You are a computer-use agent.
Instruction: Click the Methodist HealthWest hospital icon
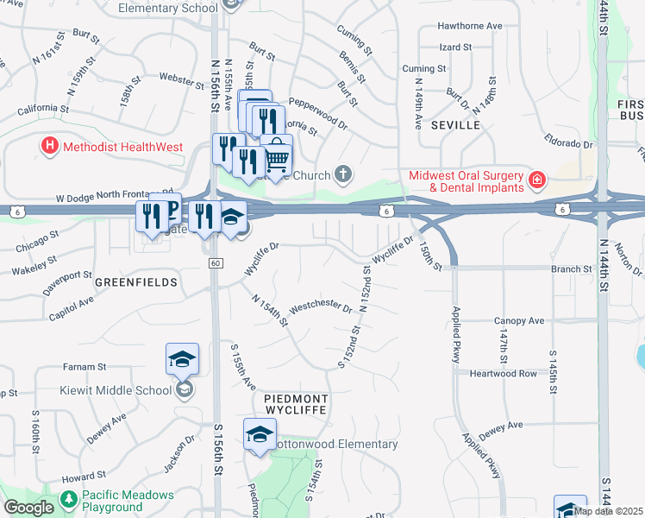[x=49, y=146]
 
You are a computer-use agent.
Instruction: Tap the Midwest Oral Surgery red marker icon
[x=536, y=180]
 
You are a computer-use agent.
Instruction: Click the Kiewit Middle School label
[x=116, y=390]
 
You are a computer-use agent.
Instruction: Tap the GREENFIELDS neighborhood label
[x=136, y=282]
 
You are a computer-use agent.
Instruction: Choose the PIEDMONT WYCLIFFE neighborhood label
[x=296, y=403]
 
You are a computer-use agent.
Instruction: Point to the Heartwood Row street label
[x=504, y=374]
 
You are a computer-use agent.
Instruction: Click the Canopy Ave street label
[x=519, y=321]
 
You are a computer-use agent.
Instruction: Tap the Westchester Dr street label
[x=322, y=307]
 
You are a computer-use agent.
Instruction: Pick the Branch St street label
[x=571, y=268]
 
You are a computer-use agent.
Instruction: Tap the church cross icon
[x=343, y=175]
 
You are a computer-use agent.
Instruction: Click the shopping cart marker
[x=276, y=156]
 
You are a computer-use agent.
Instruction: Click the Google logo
[x=28, y=508]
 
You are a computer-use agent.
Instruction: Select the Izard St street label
[x=455, y=47]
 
